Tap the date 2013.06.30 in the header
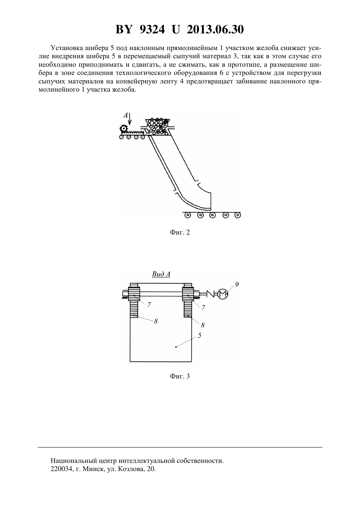215,29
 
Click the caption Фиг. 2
180,233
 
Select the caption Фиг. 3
180,383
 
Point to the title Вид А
161,274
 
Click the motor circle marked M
223,294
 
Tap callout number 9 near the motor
237,284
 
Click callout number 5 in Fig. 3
199,335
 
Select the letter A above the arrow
125,115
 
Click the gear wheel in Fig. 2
123,129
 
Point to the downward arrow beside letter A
130,119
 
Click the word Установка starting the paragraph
67,48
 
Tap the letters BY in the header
124,29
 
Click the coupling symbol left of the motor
212,294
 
